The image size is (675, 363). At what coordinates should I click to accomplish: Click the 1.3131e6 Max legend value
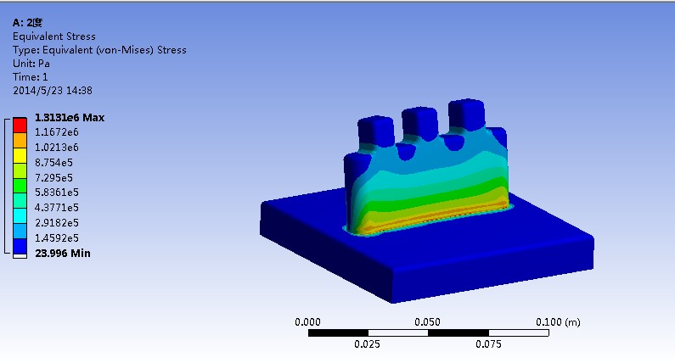[x=69, y=117]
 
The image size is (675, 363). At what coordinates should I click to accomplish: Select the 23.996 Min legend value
[x=62, y=253]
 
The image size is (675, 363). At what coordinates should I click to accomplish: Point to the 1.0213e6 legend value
[x=56, y=147]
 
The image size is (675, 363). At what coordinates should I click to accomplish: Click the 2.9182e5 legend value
[x=57, y=222]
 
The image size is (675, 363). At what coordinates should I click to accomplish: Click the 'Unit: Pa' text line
[x=31, y=64]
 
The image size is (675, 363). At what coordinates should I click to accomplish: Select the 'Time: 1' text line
[x=31, y=77]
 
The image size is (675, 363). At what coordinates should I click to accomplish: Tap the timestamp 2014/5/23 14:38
[x=53, y=91]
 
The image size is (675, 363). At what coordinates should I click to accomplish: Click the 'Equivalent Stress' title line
[x=54, y=36]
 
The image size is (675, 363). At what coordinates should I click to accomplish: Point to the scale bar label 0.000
[x=307, y=322]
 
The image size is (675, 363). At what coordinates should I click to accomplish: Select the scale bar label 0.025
[x=368, y=344]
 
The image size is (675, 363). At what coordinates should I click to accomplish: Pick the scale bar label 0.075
[x=488, y=344]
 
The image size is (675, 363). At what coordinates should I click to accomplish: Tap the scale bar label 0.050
[x=428, y=322]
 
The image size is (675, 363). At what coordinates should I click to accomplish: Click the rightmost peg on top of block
[x=466, y=115]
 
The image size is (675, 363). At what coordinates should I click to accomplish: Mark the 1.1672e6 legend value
[x=56, y=132]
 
